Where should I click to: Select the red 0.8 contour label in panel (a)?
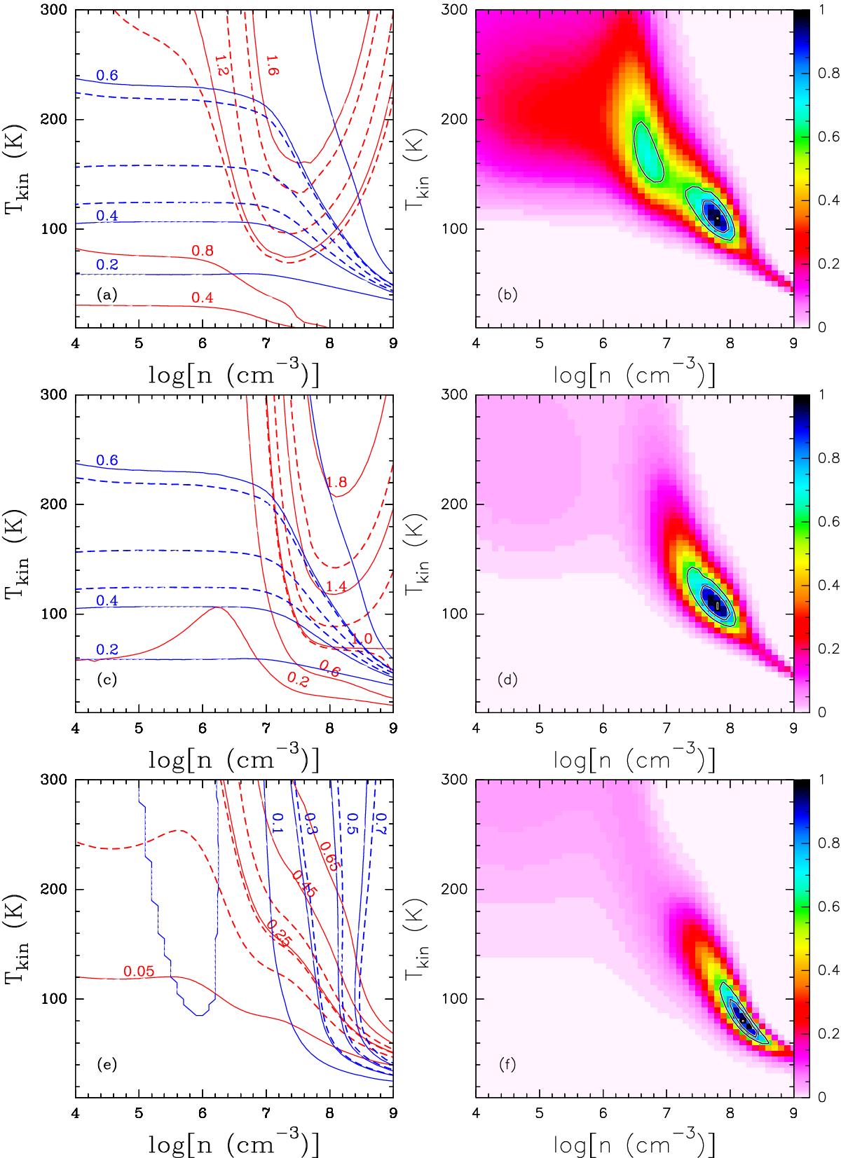tap(202, 250)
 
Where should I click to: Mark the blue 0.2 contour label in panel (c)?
tap(107, 649)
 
